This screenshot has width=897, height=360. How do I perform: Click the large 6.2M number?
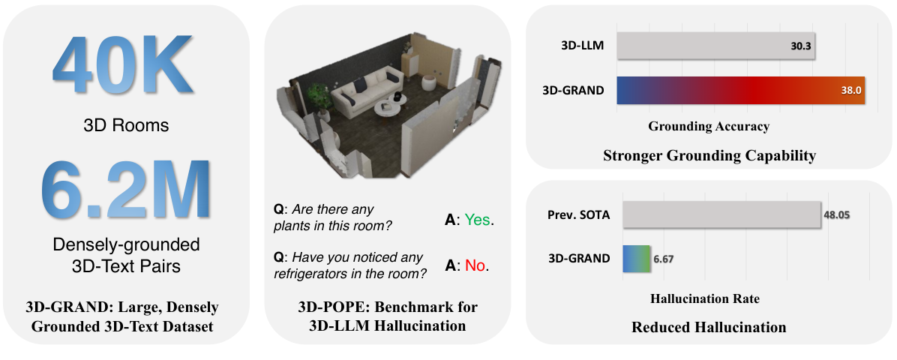[x=125, y=188]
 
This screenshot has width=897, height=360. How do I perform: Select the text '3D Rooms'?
[x=126, y=125]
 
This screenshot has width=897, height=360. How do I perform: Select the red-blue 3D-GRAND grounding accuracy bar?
[x=740, y=90]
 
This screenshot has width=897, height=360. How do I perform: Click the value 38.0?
[x=850, y=91]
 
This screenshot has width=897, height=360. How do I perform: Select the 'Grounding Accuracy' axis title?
[x=709, y=126]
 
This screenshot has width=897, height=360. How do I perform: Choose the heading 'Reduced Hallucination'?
[x=709, y=327]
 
